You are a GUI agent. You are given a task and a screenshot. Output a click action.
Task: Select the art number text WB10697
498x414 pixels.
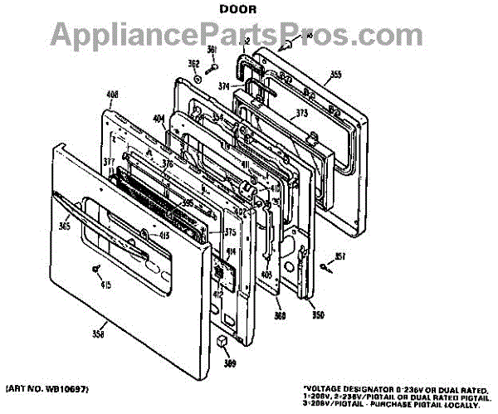[x=67, y=388]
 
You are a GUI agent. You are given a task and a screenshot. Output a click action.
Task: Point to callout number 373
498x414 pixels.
[x=302, y=114]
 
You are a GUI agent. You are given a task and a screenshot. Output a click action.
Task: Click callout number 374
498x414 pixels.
[x=224, y=85]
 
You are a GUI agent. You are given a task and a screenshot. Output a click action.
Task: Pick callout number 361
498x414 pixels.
[x=212, y=49]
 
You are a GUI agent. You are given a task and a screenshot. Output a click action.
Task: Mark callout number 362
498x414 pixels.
[x=193, y=64]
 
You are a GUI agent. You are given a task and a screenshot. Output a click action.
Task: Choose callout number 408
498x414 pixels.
[x=114, y=94]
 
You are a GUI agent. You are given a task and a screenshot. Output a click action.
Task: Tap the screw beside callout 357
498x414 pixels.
[x=325, y=265]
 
